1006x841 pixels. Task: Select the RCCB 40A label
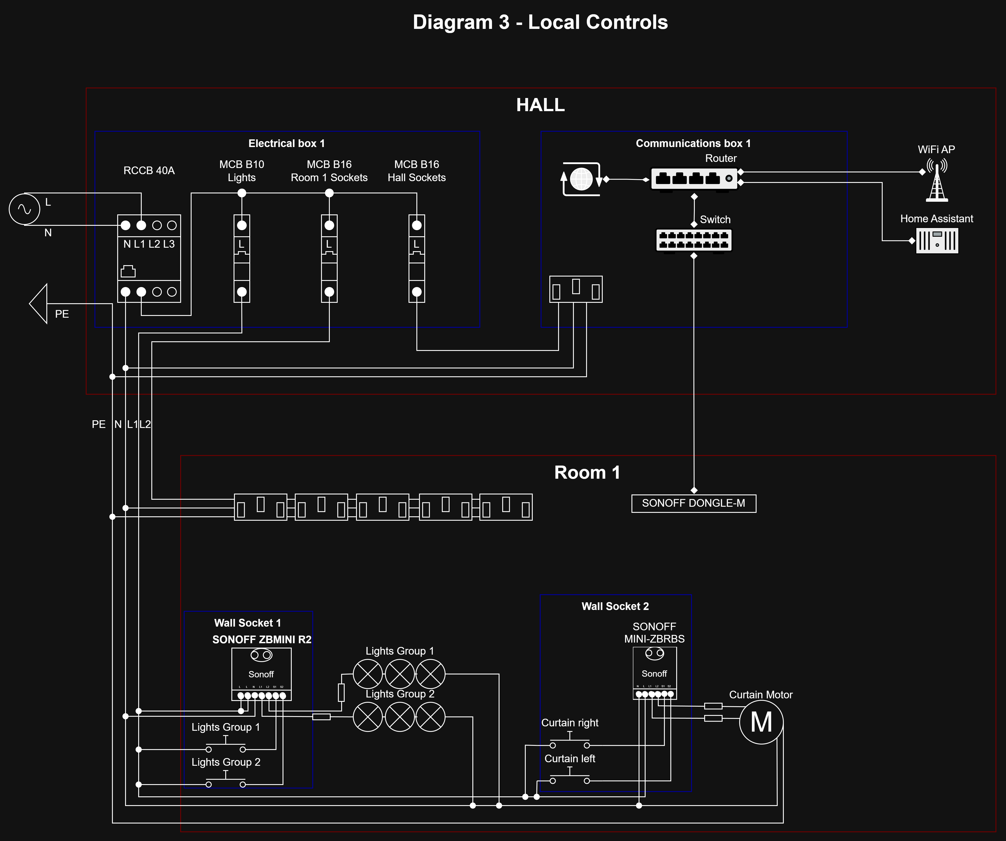(x=149, y=171)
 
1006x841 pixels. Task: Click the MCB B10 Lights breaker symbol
(x=242, y=258)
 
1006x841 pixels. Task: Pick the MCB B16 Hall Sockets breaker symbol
(x=417, y=258)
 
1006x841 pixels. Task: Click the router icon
(x=694, y=179)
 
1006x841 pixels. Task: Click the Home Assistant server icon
(x=937, y=241)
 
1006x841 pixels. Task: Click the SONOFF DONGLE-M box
(x=694, y=503)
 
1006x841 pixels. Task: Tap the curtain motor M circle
(x=761, y=722)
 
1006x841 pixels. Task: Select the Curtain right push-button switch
(x=569, y=742)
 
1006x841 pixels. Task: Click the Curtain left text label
(x=569, y=759)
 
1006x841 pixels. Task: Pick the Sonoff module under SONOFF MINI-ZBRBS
(x=654, y=673)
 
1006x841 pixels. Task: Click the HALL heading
(x=540, y=105)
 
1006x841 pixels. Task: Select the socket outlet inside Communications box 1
(x=576, y=289)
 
